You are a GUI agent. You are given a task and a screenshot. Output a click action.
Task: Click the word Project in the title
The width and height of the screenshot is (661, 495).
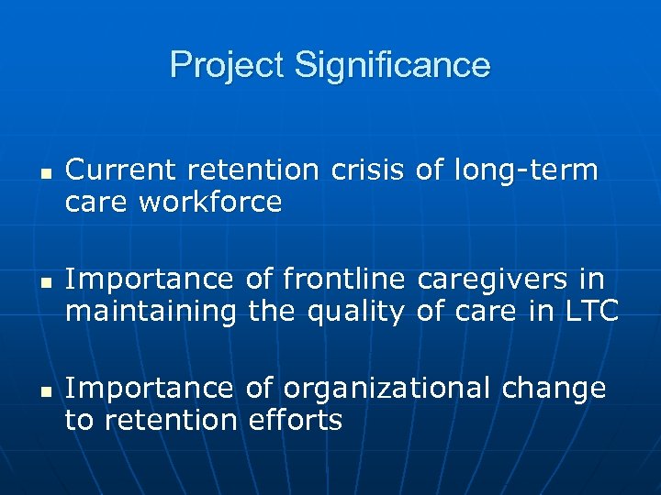228,66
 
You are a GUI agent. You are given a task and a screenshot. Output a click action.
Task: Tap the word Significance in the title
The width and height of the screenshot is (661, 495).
392,66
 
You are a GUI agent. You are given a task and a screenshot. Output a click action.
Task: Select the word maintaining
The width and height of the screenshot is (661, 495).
151,312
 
